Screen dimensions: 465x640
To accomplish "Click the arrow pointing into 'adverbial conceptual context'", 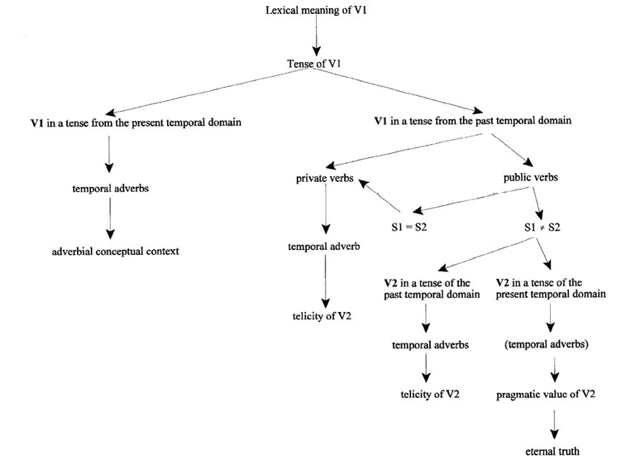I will tap(109, 221).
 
